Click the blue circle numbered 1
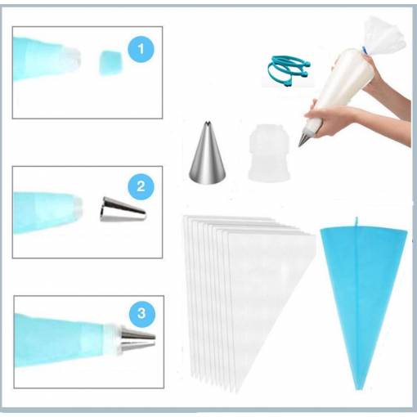(141, 49)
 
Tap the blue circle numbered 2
(141, 186)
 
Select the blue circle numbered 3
(141, 313)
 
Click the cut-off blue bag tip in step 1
(110, 63)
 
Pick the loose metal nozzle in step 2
(123, 209)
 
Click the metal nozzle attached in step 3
(137, 339)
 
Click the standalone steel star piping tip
(208, 153)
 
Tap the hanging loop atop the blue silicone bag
(356, 222)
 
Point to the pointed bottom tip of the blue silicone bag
(359, 386)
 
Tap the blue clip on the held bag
(365, 51)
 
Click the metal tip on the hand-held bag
(305, 137)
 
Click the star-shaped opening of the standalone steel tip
(208, 124)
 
